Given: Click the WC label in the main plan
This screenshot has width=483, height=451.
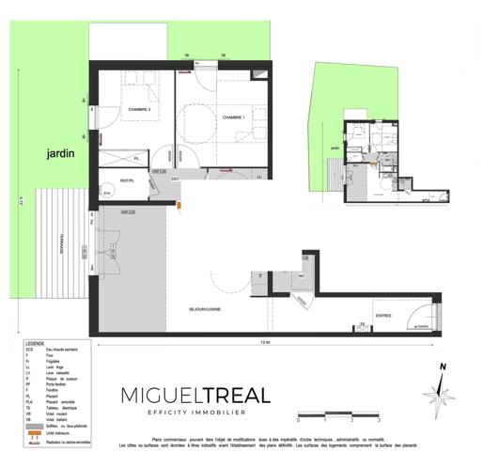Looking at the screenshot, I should tap(303, 277).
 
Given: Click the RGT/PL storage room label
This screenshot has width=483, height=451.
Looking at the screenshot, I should tap(130, 179).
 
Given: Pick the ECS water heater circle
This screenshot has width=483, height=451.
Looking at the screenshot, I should tap(107, 194).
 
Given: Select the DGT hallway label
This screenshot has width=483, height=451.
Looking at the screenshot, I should tap(175, 179).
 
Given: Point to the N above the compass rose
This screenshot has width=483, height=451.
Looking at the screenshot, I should tap(443, 368).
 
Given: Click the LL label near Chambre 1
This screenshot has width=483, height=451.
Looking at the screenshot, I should tap(257, 176).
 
